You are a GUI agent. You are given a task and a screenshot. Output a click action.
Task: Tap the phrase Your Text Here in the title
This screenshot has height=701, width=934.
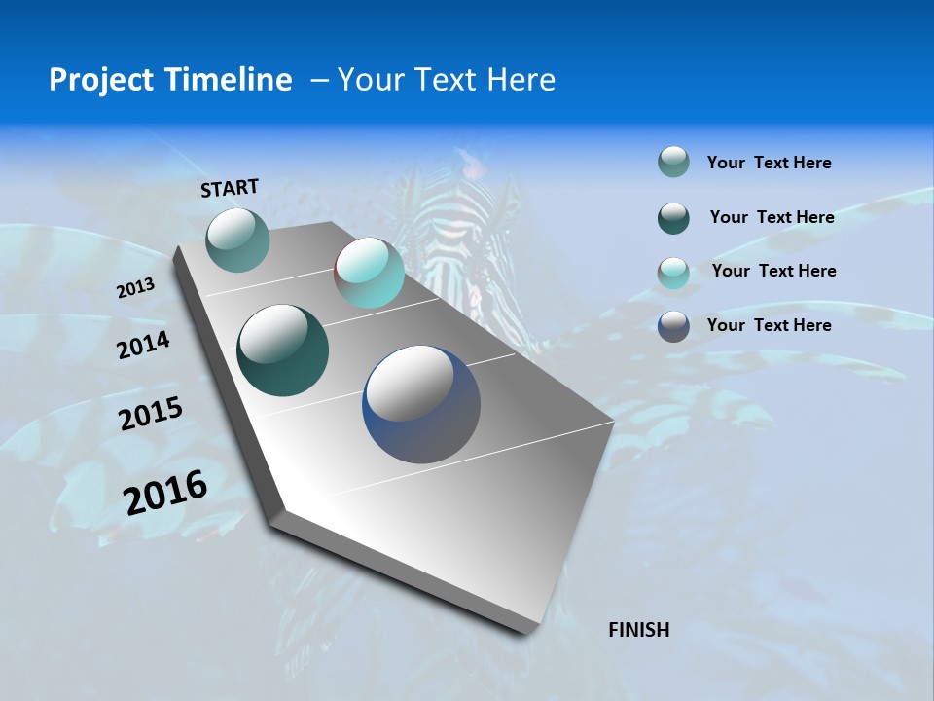(x=446, y=80)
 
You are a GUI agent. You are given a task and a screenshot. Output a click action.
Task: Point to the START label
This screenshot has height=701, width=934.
(x=230, y=188)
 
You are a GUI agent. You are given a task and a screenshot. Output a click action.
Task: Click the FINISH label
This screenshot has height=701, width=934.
(x=638, y=630)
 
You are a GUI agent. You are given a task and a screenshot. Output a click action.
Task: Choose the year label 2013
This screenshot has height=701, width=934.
(x=135, y=289)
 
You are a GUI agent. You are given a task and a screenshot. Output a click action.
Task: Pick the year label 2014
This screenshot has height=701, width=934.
(x=143, y=346)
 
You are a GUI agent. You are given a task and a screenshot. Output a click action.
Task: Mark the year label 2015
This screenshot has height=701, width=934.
(x=150, y=414)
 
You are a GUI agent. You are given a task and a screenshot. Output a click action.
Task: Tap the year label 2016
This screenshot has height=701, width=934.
(x=165, y=493)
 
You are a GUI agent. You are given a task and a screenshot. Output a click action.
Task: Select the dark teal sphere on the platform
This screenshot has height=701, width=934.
(x=282, y=350)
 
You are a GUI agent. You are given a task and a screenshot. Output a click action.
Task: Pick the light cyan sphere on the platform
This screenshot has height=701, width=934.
(x=369, y=274)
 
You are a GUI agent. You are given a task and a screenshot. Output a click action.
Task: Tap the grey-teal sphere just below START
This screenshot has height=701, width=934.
(x=238, y=240)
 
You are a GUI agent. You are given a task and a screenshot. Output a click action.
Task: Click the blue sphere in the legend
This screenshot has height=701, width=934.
(x=673, y=326)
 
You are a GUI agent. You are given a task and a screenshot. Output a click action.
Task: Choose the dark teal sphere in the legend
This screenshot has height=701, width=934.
(x=673, y=218)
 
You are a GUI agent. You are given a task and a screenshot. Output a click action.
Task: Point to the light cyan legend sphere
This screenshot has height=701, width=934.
(x=673, y=272)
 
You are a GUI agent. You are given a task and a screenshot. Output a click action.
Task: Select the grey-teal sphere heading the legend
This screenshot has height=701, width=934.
(x=673, y=163)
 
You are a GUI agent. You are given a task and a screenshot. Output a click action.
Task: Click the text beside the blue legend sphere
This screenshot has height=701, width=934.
(x=769, y=325)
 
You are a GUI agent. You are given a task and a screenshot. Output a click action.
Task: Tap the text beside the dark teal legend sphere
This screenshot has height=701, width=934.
(x=772, y=217)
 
